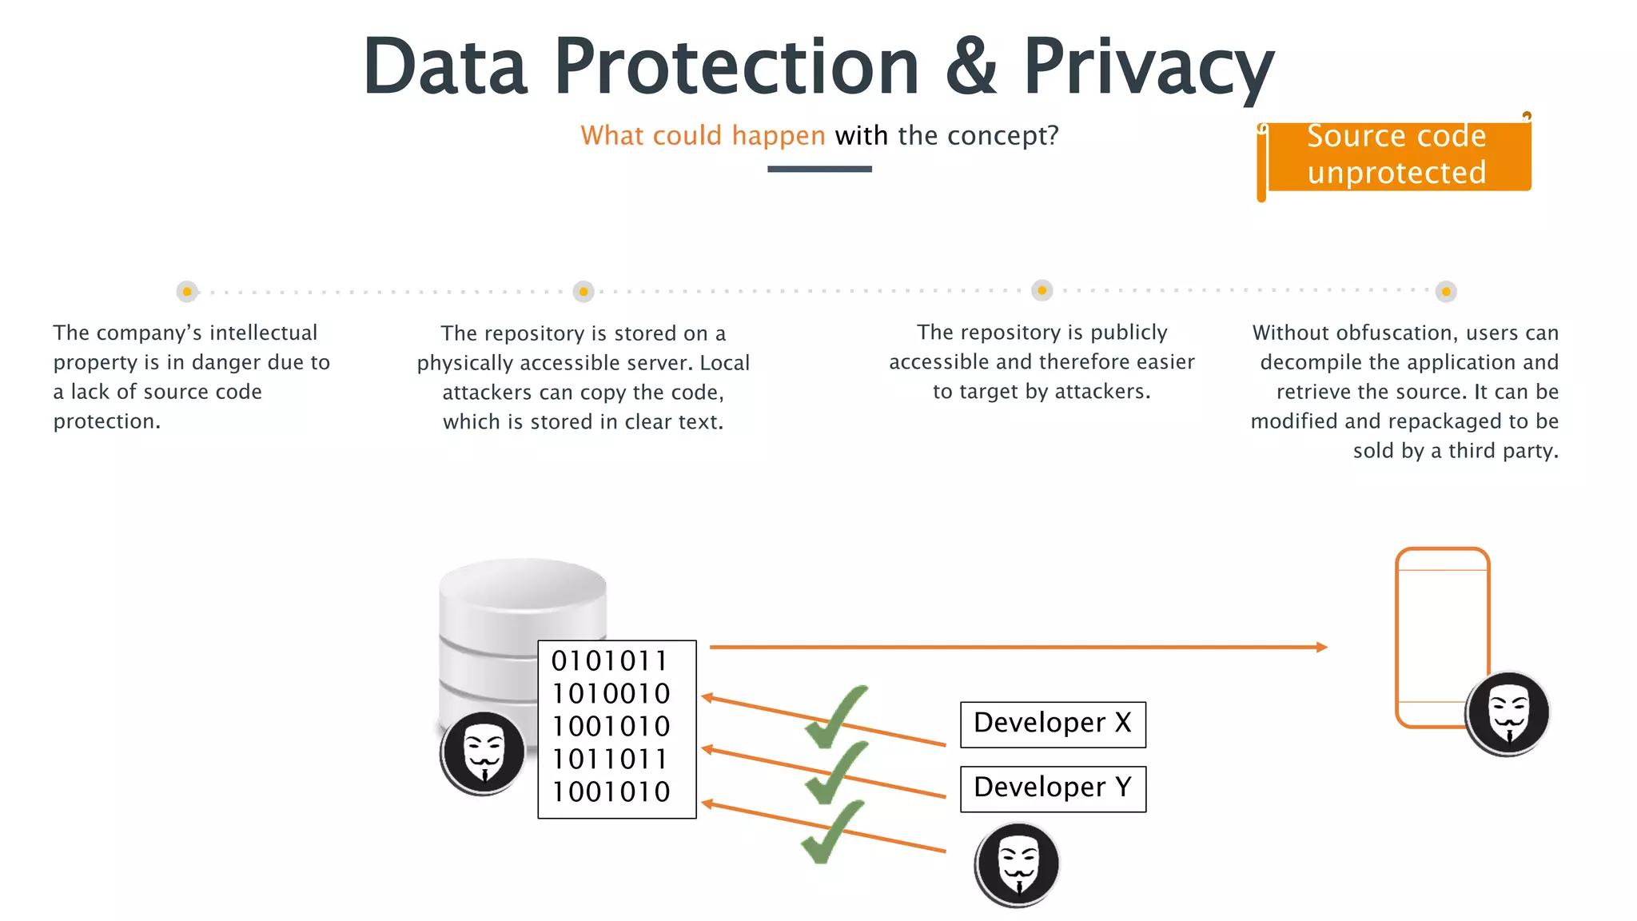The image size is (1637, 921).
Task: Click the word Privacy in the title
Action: coord(1148,68)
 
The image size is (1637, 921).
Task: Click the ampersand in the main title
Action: coord(970,68)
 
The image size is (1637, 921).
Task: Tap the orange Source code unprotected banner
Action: coord(1396,155)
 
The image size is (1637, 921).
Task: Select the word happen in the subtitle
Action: coord(778,136)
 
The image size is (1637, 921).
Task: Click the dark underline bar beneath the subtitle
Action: coord(819,169)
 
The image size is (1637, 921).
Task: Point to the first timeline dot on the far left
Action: coord(187,292)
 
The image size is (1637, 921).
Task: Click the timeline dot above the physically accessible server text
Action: coord(584,292)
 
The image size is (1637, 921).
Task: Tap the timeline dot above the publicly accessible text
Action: coord(1042,290)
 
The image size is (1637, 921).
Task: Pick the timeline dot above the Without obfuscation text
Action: coord(1446,292)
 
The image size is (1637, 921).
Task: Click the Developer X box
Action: coord(1053,724)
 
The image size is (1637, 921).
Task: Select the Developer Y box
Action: coord(1053,789)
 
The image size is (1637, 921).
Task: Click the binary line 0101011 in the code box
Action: coord(609,661)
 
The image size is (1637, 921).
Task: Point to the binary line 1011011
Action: coord(609,759)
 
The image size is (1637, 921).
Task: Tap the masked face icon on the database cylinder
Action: coord(483,753)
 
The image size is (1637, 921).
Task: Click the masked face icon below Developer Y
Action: coord(1017,864)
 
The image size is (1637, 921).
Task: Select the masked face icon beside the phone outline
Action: coord(1508,713)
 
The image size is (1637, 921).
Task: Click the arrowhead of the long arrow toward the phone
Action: coord(1321,647)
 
